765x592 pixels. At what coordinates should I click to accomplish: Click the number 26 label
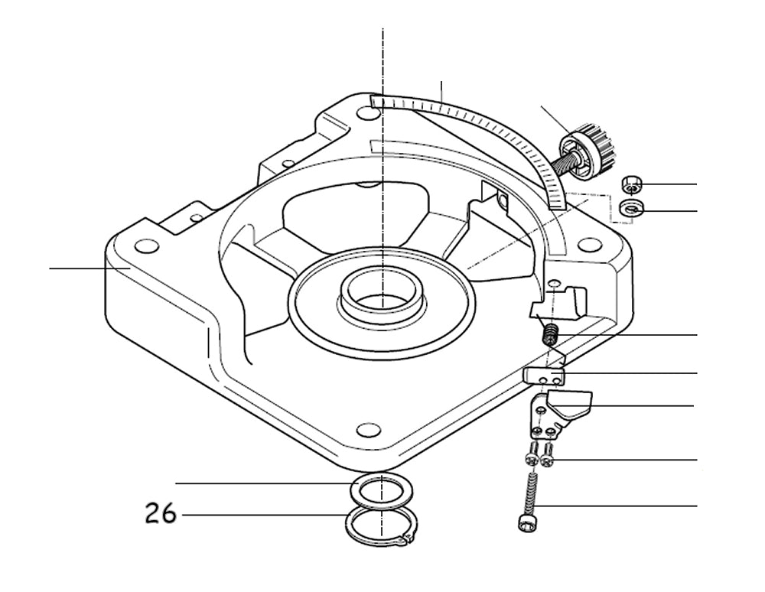[x=161, y=513]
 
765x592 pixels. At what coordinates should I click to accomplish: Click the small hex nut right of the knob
[x=631, y=183]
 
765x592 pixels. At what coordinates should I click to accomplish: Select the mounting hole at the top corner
[x=368, y=112]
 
